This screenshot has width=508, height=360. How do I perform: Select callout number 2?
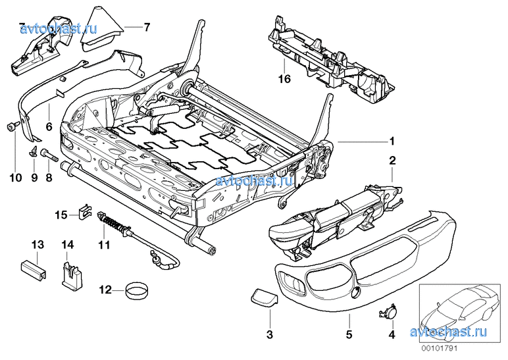[392, 160]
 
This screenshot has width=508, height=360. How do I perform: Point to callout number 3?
[269, 336]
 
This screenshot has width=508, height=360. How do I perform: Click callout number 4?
[392, 336]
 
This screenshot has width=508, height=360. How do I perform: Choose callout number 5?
[347, 336]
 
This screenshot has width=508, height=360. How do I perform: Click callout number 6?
[48, 125]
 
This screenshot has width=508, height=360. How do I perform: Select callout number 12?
[105, 289]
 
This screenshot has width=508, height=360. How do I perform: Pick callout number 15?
[61, 215]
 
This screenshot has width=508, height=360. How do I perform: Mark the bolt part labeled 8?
[50, 157]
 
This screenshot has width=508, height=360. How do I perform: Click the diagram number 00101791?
[439, 348]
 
